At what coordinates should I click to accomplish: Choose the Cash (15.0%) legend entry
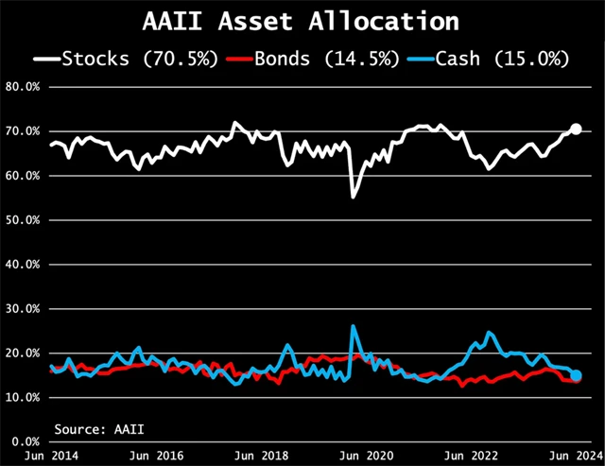490,60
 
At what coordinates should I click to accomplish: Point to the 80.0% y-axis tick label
26,86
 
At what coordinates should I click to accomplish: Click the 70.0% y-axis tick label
26,130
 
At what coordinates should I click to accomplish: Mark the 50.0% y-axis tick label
26,219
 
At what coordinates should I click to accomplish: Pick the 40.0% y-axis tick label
26,264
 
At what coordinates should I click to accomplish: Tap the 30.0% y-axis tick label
26,308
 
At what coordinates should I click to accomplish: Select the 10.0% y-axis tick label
26,397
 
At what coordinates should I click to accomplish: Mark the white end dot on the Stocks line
576,129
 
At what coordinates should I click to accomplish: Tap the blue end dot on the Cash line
576,375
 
